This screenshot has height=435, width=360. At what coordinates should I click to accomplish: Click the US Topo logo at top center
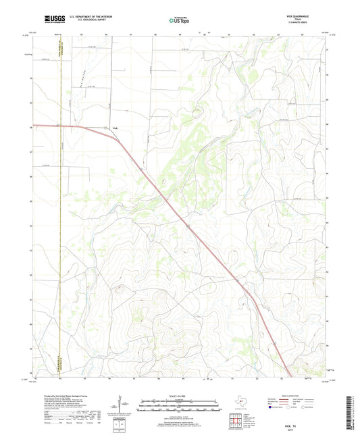point(180,22)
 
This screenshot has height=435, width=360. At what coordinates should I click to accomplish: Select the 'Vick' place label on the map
point(114,128)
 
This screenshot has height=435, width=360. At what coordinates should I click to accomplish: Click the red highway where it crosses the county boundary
point(61,126)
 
